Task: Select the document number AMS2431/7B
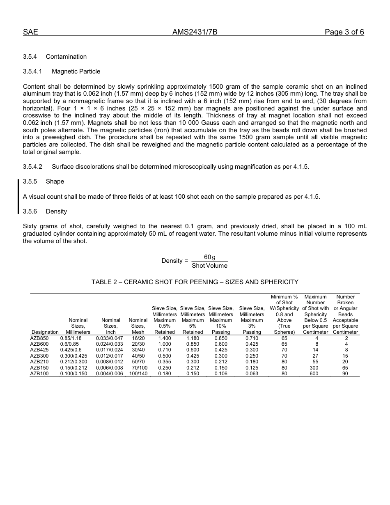point(195,32)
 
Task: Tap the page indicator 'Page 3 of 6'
point(344,32)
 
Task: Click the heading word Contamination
point(66,57)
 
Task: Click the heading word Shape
point(55,181)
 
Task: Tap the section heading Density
point(56,211)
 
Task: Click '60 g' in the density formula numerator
point(209,257)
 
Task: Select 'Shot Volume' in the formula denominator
point(209,266)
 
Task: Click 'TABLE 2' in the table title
point(104,282)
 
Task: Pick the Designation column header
point(45,332)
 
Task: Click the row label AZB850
point(39,338)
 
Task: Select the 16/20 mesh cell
point(138,338)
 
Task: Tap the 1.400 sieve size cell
point(165,338)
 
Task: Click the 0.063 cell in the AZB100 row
point(252,374)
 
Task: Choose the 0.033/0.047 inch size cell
point(109,338)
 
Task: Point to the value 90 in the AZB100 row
point(345,374)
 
